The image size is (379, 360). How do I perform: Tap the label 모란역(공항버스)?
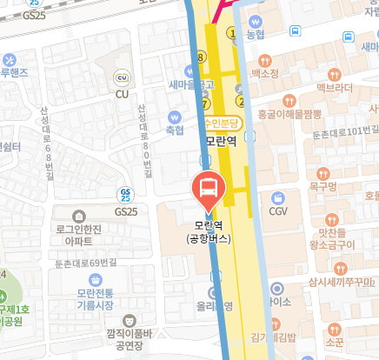(x=208, y=230)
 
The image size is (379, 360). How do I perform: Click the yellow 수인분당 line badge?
(x=221, y=123)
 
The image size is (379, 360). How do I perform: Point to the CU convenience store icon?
(x=123, y=77)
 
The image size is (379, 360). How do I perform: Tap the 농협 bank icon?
(x=255, y=21)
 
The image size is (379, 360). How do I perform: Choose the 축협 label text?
(x=175, y=130)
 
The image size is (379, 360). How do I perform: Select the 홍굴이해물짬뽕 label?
(x=289, y=114)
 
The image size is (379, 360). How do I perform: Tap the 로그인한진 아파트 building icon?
(x=79, y=216)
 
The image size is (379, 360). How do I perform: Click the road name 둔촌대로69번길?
(x=85, y=262)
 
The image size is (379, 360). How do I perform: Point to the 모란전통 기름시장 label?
(x=96, y=299)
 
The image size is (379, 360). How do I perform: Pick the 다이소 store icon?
(x=276, y=288)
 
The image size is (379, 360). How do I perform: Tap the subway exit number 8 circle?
(x=201, y=57)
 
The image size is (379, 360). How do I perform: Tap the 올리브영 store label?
(x=215, y=306)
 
